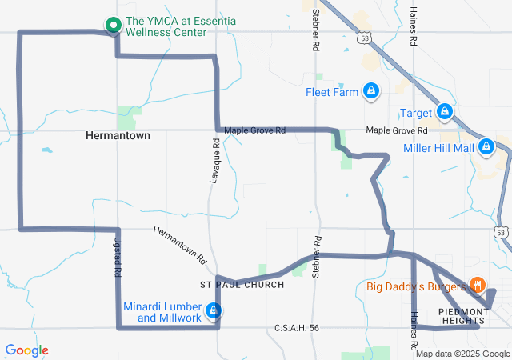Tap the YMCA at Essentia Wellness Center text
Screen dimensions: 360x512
[x=166, y=26]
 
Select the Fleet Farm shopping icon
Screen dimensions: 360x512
[x=370, y=91]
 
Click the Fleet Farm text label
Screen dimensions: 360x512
[x=331, y=92]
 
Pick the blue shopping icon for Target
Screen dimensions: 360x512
[x=446, y=113]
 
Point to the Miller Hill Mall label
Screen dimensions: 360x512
[x=438, y=148]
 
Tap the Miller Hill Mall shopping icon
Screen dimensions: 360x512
[x=485, y=147]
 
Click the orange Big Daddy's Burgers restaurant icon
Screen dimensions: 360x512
[x=478, y=285]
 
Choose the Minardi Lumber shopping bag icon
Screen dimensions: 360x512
[x=214, y=310]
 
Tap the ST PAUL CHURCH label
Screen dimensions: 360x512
[x=241, y=285]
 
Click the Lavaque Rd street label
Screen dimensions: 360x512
[x=214, y=161]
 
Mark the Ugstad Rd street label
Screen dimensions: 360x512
[x=118, y=259]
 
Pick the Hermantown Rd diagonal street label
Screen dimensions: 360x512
[x=180, y=246]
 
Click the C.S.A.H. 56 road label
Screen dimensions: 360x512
[x=297, y=327]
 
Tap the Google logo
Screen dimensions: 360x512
[x=27, y=350]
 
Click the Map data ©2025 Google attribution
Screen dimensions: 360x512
[x=462, y=354]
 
